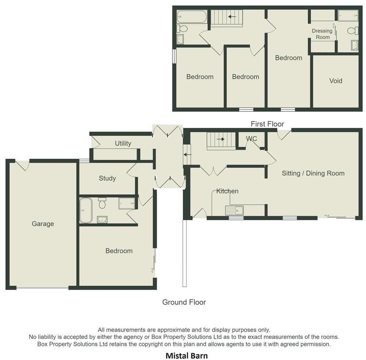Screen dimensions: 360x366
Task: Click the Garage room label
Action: tap(43, 224)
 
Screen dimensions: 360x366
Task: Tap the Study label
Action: tap(107, 178)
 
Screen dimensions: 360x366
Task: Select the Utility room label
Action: tap(123, 143)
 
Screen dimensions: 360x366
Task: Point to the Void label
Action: tap(335, 81)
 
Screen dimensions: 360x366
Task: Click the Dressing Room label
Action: tap(322, 34)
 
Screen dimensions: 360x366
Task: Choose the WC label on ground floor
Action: tap(251, 139)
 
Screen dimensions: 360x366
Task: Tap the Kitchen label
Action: tap(227, 191)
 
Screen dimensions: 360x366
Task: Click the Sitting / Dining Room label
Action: tap(313, 173)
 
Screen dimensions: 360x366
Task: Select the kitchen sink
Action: tap(234, 210)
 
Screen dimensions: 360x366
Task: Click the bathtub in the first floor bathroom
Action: tap(192, 17)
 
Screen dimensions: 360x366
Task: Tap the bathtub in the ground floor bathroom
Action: tap(86, 210)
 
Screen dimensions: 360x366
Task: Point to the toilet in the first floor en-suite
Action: tap(353, 31)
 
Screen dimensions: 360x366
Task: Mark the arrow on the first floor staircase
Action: tap(232, 17)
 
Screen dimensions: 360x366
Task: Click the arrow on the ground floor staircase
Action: tap(221, 139)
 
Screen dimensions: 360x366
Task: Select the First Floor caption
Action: tap(267, 124)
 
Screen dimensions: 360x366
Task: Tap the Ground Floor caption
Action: tap(184, 302)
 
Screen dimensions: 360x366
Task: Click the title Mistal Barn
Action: tap(187, 356)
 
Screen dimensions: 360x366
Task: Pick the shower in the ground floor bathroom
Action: tap(126, 203)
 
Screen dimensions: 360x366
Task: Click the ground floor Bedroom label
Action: tap(119, 251)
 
